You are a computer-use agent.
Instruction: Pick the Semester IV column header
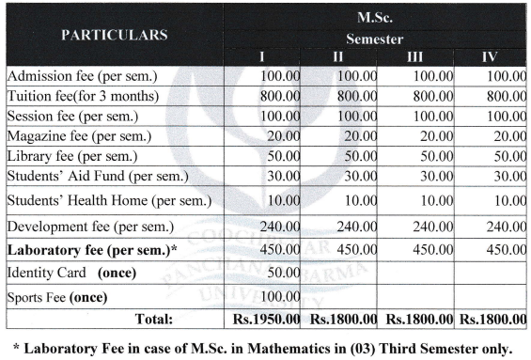click(489, 58)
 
